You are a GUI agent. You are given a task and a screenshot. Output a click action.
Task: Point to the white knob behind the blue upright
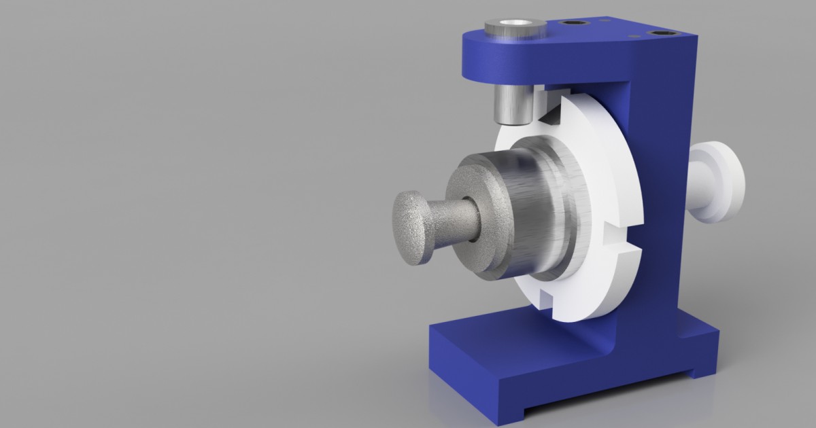(x=721, y=182)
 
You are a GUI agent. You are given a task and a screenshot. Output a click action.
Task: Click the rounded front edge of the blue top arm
(x=476, y=61)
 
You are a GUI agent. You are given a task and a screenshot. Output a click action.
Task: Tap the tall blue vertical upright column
(x=663, y=204)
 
